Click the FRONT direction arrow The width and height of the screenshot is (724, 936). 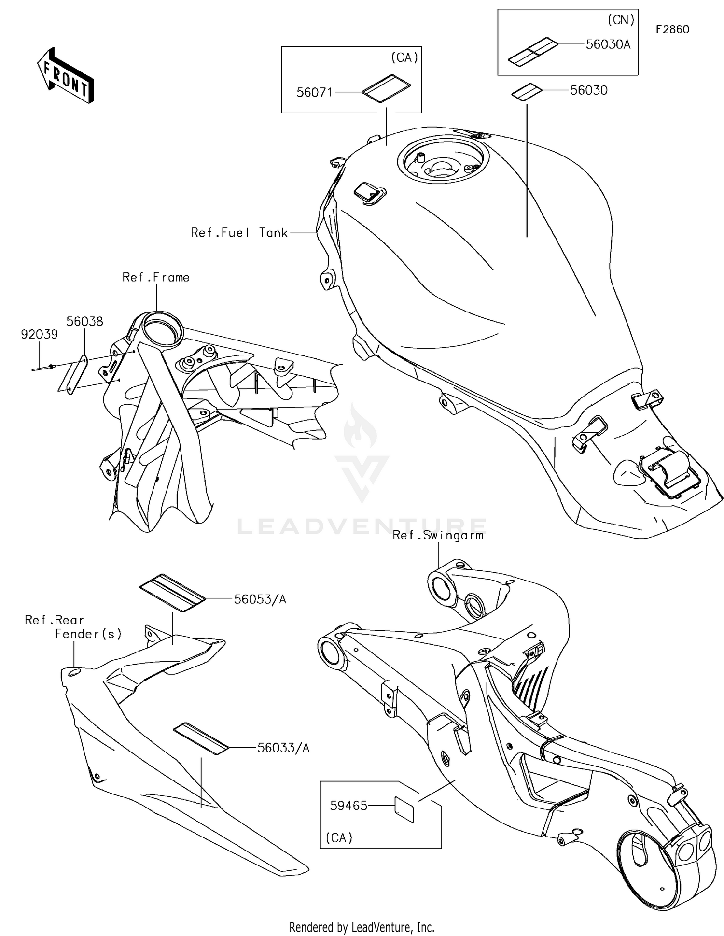pyautogui.click(x=65, y=76)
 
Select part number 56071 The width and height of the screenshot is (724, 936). pyautogui.click(x=314, y=92)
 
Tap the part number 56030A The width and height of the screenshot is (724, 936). pyautogui.click(x=608, y=44)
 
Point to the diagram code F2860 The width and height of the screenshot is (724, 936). pyautogui.click(x=672, y=29)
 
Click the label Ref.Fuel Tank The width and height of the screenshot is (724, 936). pyautogui.click(x=239, y=233)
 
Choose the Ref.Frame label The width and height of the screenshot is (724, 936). pyautogui.click(x=156, y=277)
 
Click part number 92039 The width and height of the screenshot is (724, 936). pyautogui.click(x=39, y=334)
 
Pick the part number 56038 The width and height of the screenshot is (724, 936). pyautogui.click(x=84, y=321)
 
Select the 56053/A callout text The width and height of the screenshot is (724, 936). pyautogui.click(x=260, y=599)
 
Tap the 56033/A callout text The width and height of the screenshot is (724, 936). pyautogui.click(x=283, y=748)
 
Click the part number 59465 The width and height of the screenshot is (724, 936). pyautogui.click(x=348, y=806)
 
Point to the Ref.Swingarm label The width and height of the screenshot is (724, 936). pyautogui.click(x=438, y=535)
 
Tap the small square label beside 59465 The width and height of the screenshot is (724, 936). pyautogui.click(x=404, y=809)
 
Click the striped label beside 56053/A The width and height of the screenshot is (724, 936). pyautogui.click(x=173, y=593)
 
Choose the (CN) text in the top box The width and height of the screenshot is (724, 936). pyautogui.click(x=620, y=20)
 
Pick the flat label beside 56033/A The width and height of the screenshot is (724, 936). pyautogui.click(x=201, y=738)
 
